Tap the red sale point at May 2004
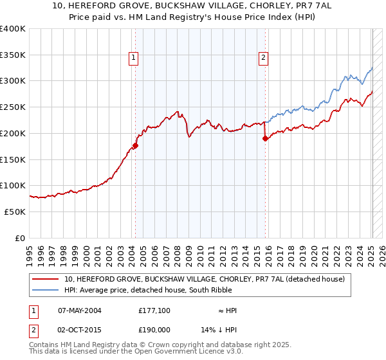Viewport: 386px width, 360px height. pos(136,146)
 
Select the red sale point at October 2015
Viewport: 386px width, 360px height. pos(265,139)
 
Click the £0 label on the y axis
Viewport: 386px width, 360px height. pos(21,238)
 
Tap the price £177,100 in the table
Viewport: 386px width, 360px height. pos(154,310)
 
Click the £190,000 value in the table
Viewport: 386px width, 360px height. pos(154,328)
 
